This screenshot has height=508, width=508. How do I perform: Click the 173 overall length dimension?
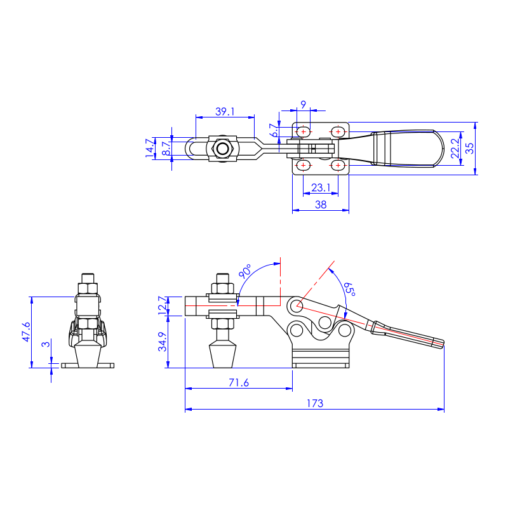315,403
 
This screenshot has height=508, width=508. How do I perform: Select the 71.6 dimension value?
239,383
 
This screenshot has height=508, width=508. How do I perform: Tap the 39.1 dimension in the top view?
225,112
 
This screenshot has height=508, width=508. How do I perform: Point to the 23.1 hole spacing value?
321,187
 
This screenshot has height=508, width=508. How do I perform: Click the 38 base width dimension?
321,204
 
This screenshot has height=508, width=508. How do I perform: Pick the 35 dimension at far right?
469,149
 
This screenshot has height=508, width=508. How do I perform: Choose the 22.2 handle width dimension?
455,149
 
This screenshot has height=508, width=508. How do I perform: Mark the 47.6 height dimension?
26,331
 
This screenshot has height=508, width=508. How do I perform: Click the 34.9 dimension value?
163,342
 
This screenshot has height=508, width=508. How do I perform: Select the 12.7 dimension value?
163,305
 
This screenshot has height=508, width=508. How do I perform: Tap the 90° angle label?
245,271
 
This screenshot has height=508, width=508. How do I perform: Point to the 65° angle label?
350,289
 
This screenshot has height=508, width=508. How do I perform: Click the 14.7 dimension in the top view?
149,148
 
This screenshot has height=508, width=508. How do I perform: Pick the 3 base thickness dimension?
46,344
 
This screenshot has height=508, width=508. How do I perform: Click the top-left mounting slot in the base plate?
304,132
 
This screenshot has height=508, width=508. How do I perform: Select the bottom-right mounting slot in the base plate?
338,165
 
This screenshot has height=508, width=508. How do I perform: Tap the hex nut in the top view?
222,149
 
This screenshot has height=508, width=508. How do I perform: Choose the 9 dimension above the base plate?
303,105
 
